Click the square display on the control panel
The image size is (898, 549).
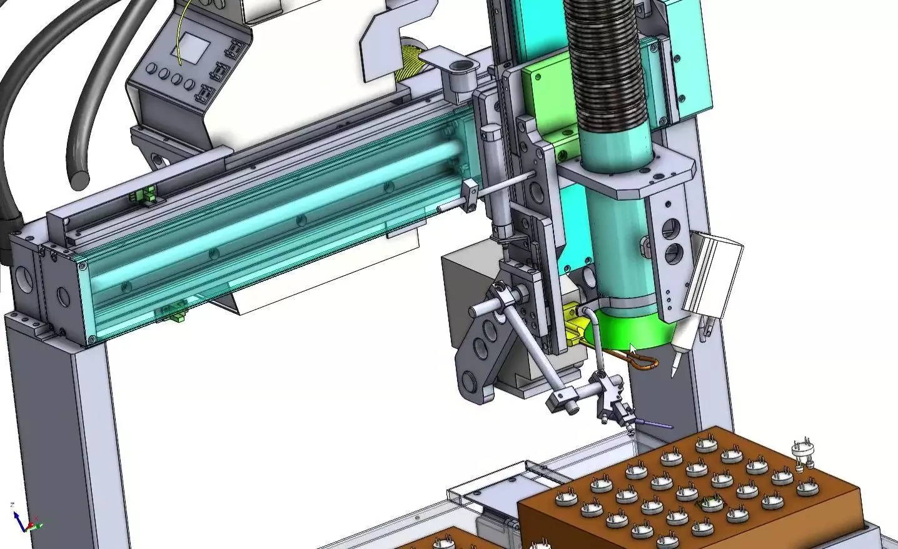coord(194,49)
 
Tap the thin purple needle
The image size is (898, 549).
coord(653,425)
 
